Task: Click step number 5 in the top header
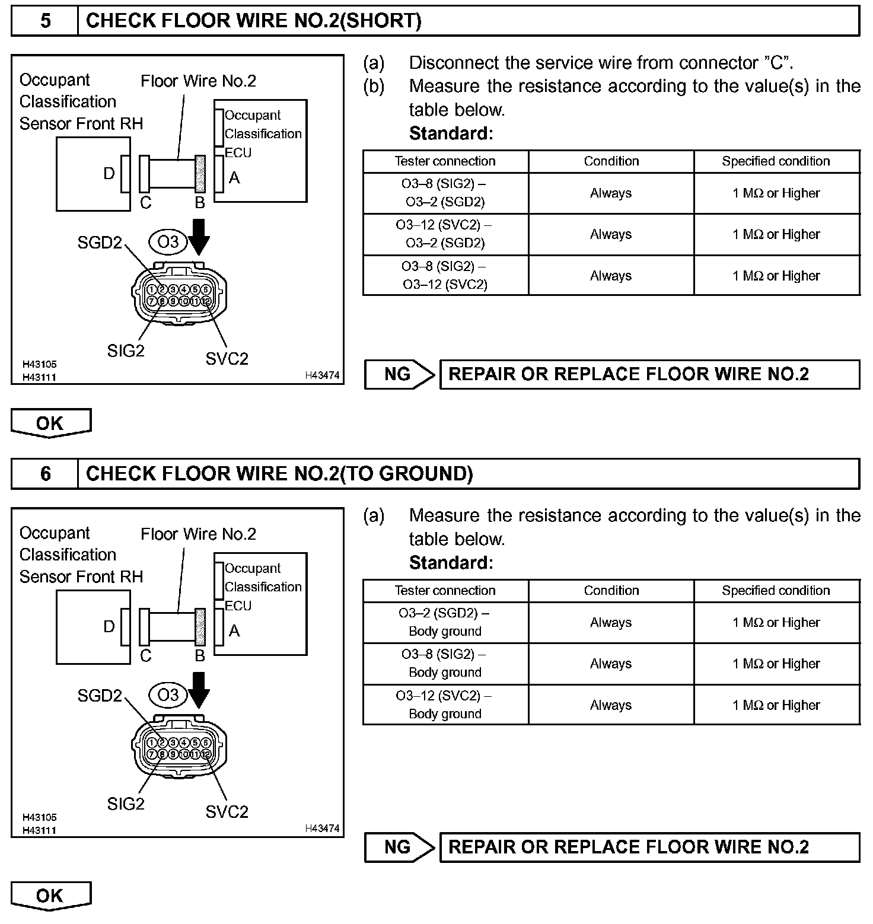45,21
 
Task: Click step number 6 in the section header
45,474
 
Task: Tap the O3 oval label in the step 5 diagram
168,242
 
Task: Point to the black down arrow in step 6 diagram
199,690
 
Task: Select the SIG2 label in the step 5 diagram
126,351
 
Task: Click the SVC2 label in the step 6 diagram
227,812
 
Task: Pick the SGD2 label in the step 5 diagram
100,243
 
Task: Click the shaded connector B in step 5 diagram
200,174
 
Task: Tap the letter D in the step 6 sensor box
109,627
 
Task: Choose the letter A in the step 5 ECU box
234,177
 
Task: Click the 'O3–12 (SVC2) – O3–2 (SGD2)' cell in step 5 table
445,234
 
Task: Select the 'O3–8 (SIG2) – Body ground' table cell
445,664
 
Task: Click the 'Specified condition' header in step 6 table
776,591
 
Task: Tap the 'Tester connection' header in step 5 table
445,161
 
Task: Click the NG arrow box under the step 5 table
399,374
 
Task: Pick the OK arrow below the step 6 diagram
50,896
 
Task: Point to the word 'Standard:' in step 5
451,133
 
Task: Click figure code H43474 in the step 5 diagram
322,375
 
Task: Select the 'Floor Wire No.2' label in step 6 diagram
198,534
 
